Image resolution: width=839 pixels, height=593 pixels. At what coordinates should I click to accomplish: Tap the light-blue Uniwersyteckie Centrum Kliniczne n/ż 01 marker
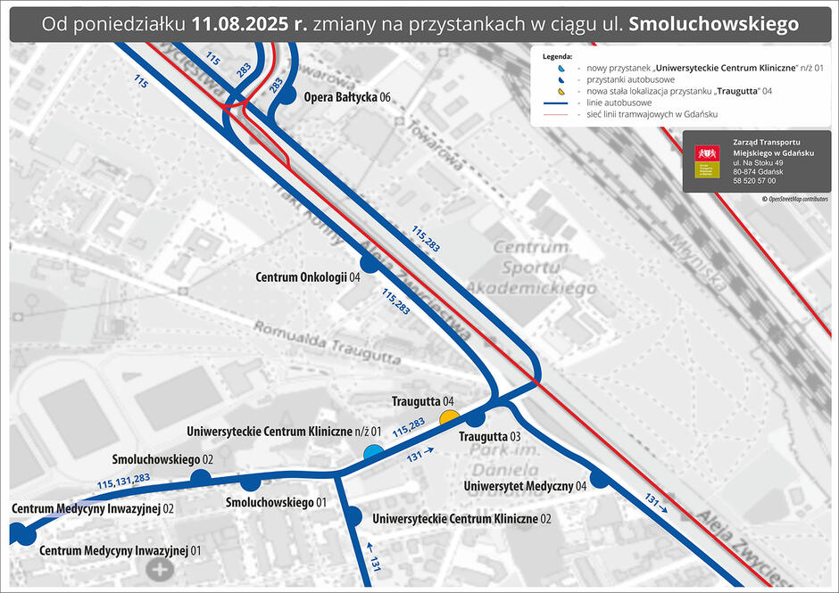(371, 453)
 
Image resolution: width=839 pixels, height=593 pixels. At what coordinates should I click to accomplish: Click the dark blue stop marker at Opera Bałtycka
(286, 96)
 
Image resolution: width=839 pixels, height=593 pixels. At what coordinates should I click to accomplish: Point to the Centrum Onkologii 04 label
(307, 277)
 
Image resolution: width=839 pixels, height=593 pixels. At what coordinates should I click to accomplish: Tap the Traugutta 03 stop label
(489, 437)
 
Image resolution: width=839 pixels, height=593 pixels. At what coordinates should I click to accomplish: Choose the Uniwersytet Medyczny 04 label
(525, 486)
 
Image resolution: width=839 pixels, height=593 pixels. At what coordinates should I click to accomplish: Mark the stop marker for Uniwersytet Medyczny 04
(599, 479)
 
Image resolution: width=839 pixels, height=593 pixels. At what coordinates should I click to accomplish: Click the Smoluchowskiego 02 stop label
(162, 459)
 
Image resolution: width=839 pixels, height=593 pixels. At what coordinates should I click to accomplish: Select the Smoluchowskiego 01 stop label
(276, 502)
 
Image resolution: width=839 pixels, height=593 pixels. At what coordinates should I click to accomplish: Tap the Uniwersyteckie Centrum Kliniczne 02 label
(461, 518)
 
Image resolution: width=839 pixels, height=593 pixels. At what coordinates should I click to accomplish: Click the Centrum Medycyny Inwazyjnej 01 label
(120, 550)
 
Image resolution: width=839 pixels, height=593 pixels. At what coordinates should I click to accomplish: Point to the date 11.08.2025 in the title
(248, 25)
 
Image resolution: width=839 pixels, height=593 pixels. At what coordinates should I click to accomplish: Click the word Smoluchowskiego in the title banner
(713, 25)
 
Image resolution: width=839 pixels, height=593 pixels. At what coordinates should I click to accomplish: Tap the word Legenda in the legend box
(557, 55)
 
